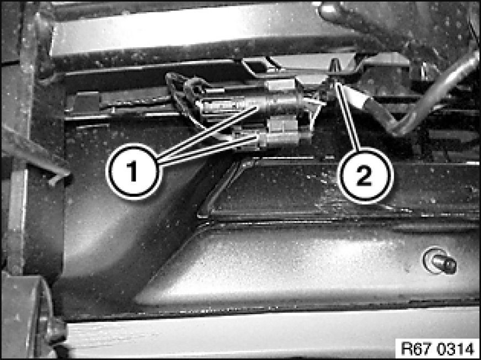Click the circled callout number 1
(133, 171)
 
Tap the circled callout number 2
(365, 176)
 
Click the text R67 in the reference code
(414, 348)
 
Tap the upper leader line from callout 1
(207, 132)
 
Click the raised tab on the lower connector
(282, 123)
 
